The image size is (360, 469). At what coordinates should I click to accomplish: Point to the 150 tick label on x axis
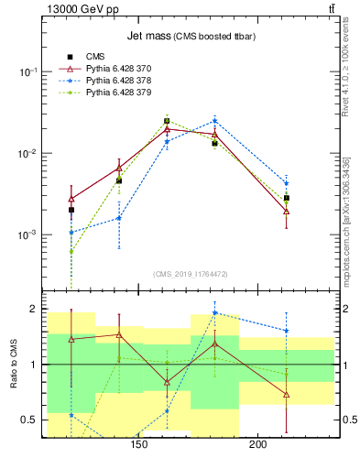[x=139, y=446]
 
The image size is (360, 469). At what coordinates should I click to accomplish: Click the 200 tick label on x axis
[x=258, y=446]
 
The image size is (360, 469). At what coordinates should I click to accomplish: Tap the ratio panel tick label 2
[x=34, y=309]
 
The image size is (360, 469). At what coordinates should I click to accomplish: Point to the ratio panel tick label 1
[x=34, y=365]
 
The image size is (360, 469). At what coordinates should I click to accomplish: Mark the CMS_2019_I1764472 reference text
[x=191, y=273]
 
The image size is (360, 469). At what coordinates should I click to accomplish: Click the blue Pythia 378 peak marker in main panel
[x=214, y=120]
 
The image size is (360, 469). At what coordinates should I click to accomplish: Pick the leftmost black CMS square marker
[x=71, y=210]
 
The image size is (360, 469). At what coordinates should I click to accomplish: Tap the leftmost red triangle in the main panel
[x=71, y=198]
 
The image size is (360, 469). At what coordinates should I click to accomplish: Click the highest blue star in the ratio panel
[x=214, y=312]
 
